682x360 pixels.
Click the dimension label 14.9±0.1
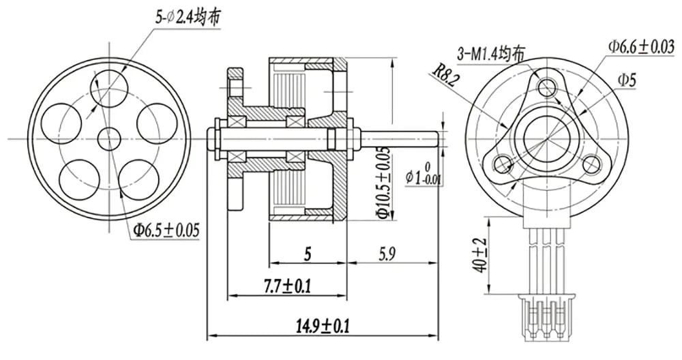tap(323, 325)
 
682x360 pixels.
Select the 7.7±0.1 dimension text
tap(288, 286)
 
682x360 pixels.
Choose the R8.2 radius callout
tap(443, 75)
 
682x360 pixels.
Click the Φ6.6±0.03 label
tap(642, 46)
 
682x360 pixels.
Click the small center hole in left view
tap(108, 138)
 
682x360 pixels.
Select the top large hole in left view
tap(110, 86)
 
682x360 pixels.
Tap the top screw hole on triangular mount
tap(547, 87)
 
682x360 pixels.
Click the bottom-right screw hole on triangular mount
tap(591, 164)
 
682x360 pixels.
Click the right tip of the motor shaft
tap(436, 139)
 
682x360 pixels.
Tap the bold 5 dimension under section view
tap(308, 254)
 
